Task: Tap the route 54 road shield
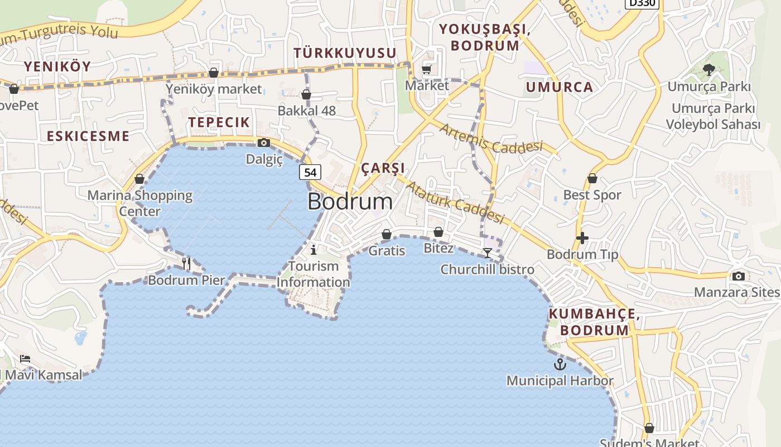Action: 310,173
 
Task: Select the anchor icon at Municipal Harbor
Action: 560,364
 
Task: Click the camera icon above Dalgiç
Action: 264,143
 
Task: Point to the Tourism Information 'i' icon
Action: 314,249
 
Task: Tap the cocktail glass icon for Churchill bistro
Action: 487,253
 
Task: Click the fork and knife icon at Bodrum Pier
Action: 186,263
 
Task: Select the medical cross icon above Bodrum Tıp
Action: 582,238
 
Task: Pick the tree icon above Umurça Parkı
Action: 708,70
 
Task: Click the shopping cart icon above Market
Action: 427,69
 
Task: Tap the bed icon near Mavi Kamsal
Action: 25,358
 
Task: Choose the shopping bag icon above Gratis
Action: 386,234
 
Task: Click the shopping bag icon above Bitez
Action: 438,231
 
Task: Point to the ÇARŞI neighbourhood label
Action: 383,168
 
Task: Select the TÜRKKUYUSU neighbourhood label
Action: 345,53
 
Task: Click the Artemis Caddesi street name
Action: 490,139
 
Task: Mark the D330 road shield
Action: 642,3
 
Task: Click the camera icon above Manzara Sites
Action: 738,276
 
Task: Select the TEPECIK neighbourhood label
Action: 219,122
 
